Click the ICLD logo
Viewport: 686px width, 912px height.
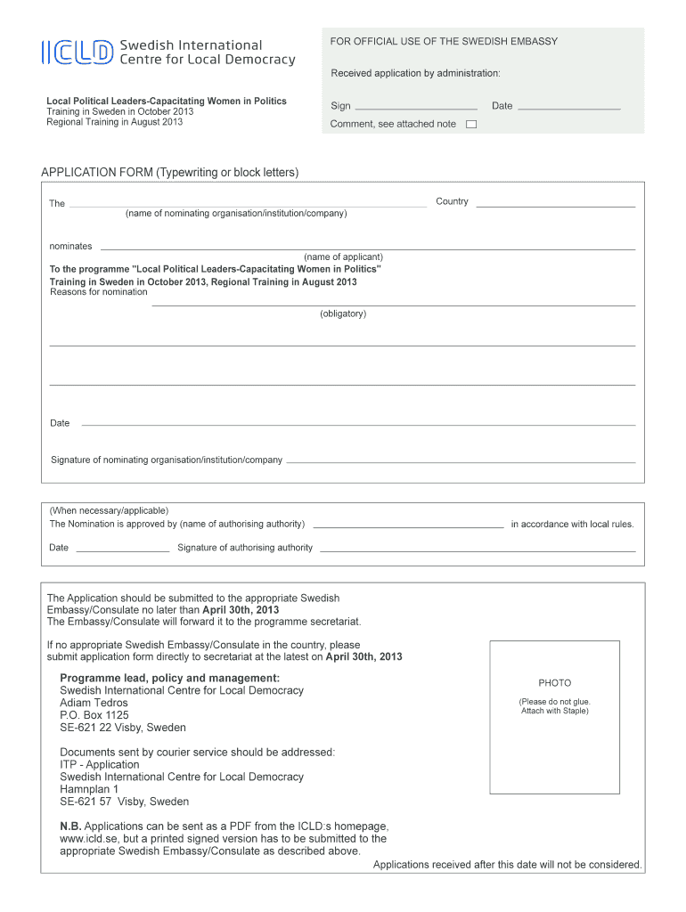coord(78,53)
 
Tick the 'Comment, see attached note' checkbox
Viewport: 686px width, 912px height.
coord(471,125)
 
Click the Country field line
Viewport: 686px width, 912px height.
coord(556,206)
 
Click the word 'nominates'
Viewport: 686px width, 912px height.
coord(70,246)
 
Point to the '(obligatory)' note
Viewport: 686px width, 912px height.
coord(343,313)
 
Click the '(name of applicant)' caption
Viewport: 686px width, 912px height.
coord(343,256)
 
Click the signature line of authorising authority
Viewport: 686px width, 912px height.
coord(478,550)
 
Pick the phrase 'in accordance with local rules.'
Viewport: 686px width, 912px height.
coord(572,524)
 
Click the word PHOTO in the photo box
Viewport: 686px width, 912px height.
coord(554,683)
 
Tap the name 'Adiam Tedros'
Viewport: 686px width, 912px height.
coord(94,703)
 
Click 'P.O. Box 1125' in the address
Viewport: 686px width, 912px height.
coord(94,715)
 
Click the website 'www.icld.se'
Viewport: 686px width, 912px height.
coord(90,838)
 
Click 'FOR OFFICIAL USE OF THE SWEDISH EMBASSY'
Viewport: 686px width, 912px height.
coord(444,42)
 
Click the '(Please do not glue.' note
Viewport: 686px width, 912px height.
coord(554,702)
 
